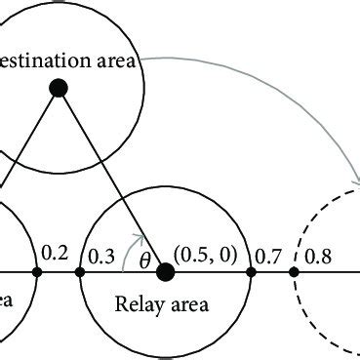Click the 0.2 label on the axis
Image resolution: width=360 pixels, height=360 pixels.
coord(54,255)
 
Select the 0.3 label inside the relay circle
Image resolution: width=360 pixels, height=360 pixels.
coord(101,256)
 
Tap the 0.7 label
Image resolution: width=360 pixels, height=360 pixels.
coord(266,256)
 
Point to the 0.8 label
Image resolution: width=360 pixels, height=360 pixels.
coord(317,256)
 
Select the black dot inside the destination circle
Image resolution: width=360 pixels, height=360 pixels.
coord(58,89)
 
